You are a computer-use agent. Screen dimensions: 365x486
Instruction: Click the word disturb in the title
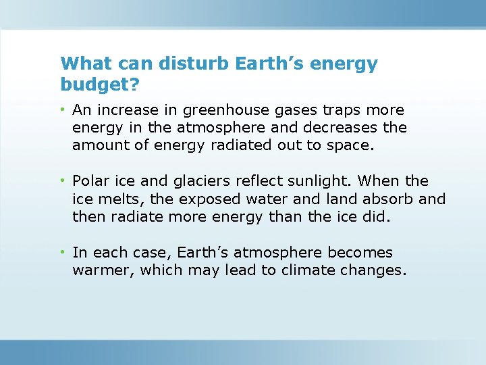(x=196, y=64)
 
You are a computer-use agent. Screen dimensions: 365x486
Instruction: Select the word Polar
(x=90, y=181)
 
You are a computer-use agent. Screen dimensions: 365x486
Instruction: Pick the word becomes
(x=360, y=253)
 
